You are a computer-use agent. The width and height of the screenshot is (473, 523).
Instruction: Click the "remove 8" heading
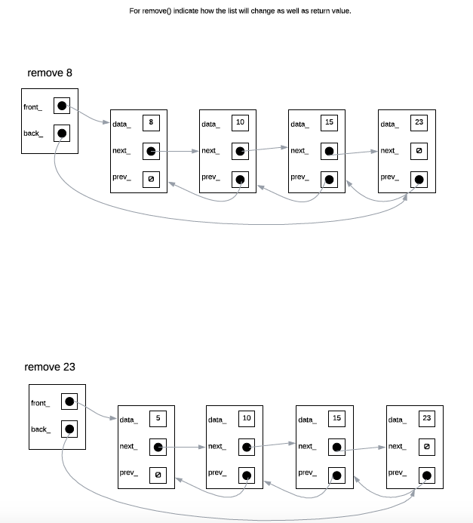[x=50, y=73]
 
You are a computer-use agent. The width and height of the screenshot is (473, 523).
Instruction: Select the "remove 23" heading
[x=50, y=367]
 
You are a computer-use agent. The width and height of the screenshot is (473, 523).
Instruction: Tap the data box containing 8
[x=151, y=122]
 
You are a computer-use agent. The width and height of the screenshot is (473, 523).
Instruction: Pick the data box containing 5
[x=158, y=417]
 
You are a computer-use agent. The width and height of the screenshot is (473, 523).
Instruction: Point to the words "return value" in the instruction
[x=330, y=11]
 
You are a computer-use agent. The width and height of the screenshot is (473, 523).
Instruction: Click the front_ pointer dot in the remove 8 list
[x=62, y=106]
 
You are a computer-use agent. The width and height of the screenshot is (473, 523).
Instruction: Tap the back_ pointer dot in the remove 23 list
[x=69, y=429]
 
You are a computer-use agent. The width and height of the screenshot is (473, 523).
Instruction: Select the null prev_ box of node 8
[x=151, y=179]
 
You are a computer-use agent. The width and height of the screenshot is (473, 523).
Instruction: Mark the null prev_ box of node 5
[x=158, y=475]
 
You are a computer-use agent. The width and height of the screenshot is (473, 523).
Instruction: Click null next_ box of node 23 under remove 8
[x=419, y=151]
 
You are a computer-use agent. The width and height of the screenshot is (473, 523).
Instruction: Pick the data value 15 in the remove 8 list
[x=329, y=122]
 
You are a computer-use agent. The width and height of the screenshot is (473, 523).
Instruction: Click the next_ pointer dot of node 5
[x=158, y=447]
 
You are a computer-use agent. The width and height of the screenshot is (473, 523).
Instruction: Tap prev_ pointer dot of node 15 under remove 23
[x=336, y=475]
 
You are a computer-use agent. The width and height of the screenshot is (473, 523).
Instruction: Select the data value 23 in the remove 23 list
[x=426, y=417]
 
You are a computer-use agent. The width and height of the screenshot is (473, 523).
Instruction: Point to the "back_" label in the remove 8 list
[x=32, y=134]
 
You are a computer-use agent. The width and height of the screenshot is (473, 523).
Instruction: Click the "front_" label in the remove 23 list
[x=40, y=403]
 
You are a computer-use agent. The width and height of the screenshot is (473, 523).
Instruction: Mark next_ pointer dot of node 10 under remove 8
[x=239, y=151]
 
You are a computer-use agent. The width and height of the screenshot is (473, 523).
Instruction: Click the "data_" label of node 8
[x=121, y=124]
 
